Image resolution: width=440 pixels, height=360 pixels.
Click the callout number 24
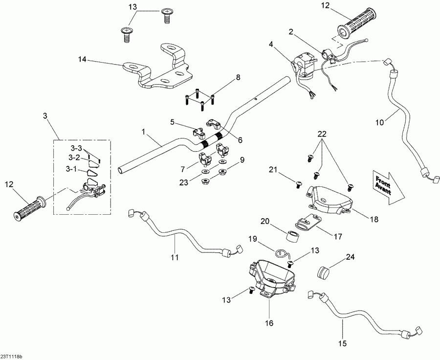[x=351, y=257]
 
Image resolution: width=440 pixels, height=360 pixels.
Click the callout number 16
[x=270, y=323]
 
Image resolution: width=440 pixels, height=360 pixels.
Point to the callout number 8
[x=238, y=77]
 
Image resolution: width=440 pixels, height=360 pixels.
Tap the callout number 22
[x=321, y=134]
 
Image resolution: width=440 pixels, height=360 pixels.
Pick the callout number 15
[x=344, y=344]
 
